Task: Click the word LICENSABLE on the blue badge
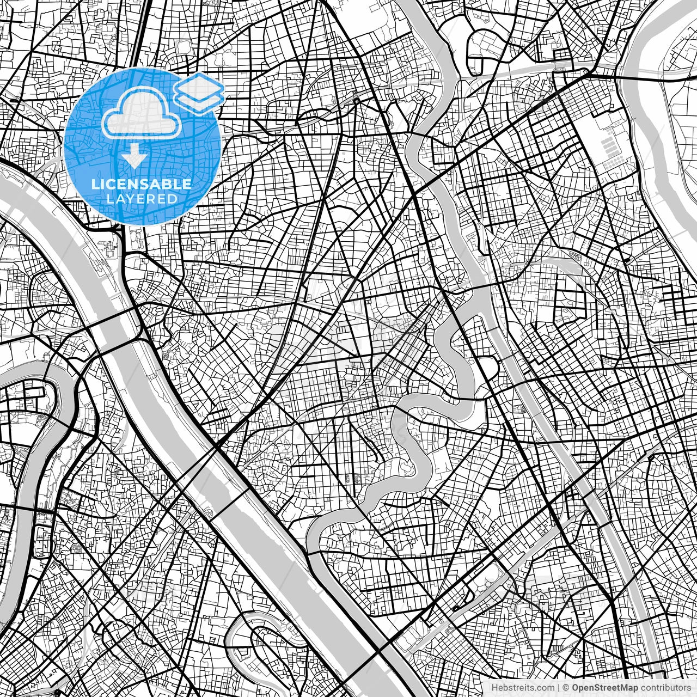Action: (142, 184)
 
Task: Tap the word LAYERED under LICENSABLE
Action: (142, 199)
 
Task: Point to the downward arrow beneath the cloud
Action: (134, 157)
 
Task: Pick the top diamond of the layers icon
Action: (199, 85)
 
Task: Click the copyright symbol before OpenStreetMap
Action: (566, 688)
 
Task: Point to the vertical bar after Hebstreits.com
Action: (559, 688)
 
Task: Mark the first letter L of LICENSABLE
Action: (95, 184)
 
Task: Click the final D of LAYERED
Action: (173, 199)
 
